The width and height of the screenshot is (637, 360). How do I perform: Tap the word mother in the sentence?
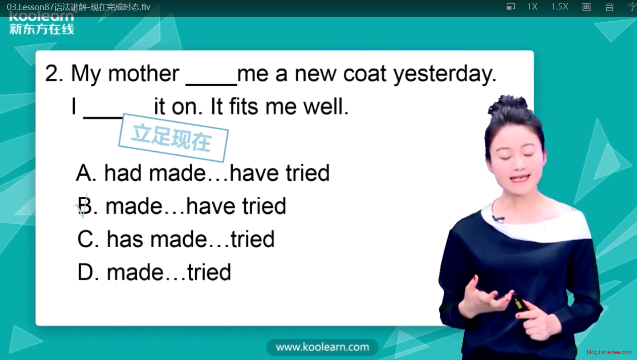tap(144, 73)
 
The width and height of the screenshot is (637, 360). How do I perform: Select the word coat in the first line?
tap(365, 73)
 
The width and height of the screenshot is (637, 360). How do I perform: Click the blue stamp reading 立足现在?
tap(173, 138)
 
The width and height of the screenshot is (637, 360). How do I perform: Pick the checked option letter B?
tap(86, 206)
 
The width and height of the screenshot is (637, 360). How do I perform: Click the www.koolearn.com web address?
tap(322, 347)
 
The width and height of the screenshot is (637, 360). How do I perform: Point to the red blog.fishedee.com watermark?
tap(609, 352)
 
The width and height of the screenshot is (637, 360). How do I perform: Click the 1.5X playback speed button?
tap(560, 6)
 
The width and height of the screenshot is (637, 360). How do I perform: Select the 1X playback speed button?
tap(532, 6)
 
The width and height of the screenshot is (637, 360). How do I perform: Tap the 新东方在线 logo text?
tap(42, 29)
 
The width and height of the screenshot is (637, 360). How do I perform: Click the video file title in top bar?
tap(78, 7)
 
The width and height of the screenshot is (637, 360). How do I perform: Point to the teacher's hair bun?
tap(509, 106)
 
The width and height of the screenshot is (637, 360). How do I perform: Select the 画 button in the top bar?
tap(586, 7)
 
